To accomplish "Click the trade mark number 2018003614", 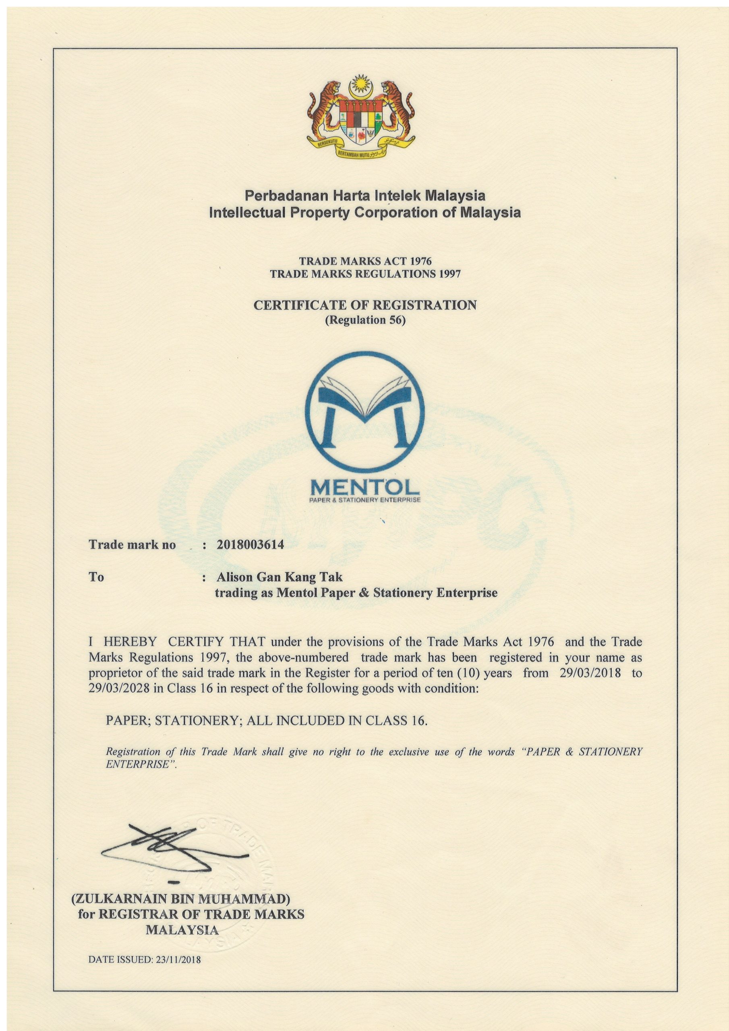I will click(250, 544).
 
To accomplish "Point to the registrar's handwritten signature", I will click(175, 847).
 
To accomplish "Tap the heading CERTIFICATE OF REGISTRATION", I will click(365, 305).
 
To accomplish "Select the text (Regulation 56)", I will click(365, 321).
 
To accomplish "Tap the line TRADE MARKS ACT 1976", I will click(365, 261).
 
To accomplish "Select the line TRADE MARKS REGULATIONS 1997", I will click(365, 274).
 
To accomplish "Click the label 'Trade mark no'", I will click(132, 544).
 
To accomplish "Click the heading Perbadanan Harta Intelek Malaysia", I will click(365, 196).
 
